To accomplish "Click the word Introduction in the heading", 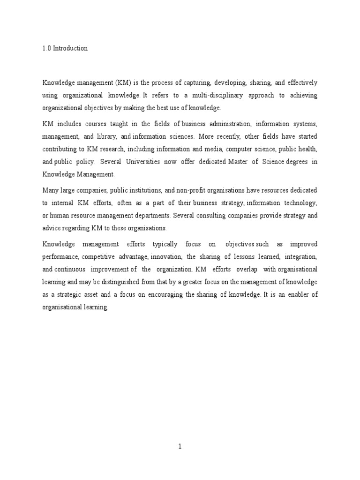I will click(70, 48).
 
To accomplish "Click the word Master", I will click(240, 162).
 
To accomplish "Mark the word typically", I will click(165, 244).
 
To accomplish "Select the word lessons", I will click(244, 257).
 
